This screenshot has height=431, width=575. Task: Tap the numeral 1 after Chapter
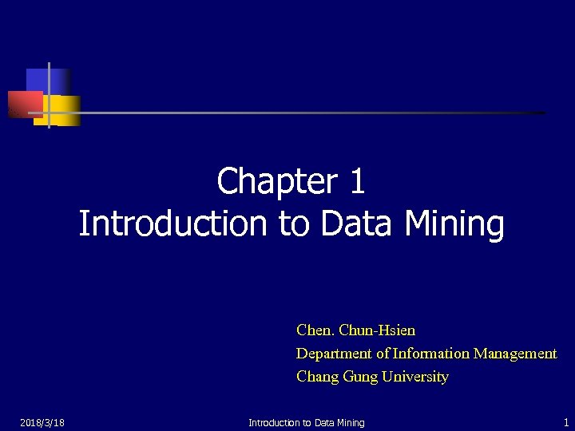pyautogui.click(x=357, y=181)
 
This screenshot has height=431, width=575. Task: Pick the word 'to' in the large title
pyautogui.click(x=295, y=224)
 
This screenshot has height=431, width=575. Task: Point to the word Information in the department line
pyautogui.click(x=431, y=353)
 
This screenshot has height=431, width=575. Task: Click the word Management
pyautogui.click(x=515, y=353)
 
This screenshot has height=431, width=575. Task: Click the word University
pyautogui.click(x=415, y=377)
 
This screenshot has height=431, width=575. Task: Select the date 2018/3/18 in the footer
pyautogui.click(x=42, y=422)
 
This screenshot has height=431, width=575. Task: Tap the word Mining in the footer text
pyautogui.click(x=348, y=422)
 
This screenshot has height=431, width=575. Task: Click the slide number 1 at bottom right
pyautogui.click(x=565, y=422)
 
